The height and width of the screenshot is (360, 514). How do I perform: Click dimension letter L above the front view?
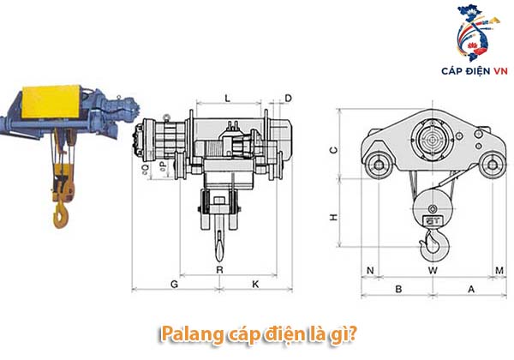coord(228,98)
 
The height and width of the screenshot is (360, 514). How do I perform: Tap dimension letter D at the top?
coord(288,98)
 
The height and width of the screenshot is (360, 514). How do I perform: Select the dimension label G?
coord(175,284)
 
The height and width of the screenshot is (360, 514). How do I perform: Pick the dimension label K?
coord(255,284)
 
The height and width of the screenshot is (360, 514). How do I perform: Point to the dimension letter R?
coord(219,270)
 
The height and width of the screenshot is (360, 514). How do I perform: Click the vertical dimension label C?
coord(333,150)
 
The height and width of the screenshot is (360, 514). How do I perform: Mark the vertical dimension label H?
coord(333,217)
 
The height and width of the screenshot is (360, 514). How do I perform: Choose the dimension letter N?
coord(370,271)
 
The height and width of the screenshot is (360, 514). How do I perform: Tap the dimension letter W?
coord(433,271)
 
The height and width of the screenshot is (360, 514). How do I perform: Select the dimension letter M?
coord(499,271)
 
